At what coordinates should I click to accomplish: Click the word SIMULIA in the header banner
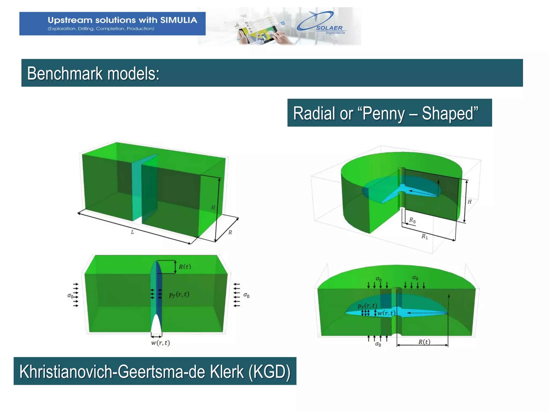point(179,20)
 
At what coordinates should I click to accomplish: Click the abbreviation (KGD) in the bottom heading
point(269,371)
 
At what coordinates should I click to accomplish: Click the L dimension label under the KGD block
point(132,232)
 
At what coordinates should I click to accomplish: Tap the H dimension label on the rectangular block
point(213,207)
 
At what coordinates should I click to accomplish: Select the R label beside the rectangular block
point(230,232)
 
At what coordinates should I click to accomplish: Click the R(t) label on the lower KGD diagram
point(185,267)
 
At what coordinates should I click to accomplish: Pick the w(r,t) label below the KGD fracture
point(160,343)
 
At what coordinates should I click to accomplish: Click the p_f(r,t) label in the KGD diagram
point(179,295)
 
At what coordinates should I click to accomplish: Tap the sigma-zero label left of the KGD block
point(70,296)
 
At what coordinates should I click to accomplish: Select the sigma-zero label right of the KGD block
point(246,295)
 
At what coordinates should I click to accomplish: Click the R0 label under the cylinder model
point(412,220)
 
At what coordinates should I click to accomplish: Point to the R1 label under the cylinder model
point(425,236)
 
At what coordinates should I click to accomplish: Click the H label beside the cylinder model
point(469,202)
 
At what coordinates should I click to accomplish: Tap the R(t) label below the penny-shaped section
point(424,342)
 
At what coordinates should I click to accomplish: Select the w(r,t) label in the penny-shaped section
point(386,313)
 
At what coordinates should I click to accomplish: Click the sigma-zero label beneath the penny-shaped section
point(378,344)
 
